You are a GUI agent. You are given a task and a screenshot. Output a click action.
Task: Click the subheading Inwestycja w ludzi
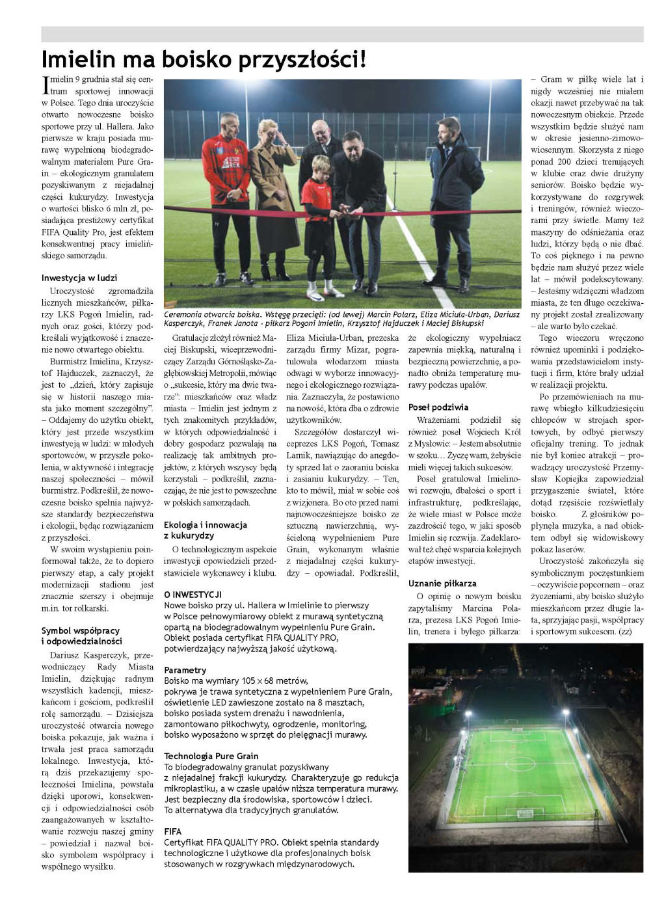79,278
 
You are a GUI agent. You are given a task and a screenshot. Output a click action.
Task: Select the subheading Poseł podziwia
438,407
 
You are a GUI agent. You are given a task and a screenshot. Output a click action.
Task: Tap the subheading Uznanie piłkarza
442,583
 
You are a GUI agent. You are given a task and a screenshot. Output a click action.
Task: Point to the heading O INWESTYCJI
193,595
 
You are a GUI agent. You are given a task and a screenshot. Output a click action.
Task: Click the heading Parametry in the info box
185,670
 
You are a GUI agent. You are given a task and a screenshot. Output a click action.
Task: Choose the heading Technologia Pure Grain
211,756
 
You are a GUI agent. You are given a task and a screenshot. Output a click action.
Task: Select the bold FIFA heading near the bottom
172,831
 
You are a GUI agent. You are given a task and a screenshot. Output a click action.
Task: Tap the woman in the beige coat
267,195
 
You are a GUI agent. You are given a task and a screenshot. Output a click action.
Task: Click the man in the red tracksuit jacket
226,195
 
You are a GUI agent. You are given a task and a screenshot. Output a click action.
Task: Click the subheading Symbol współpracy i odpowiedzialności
81,636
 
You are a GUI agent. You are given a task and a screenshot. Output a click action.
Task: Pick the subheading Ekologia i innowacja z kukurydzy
205,530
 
